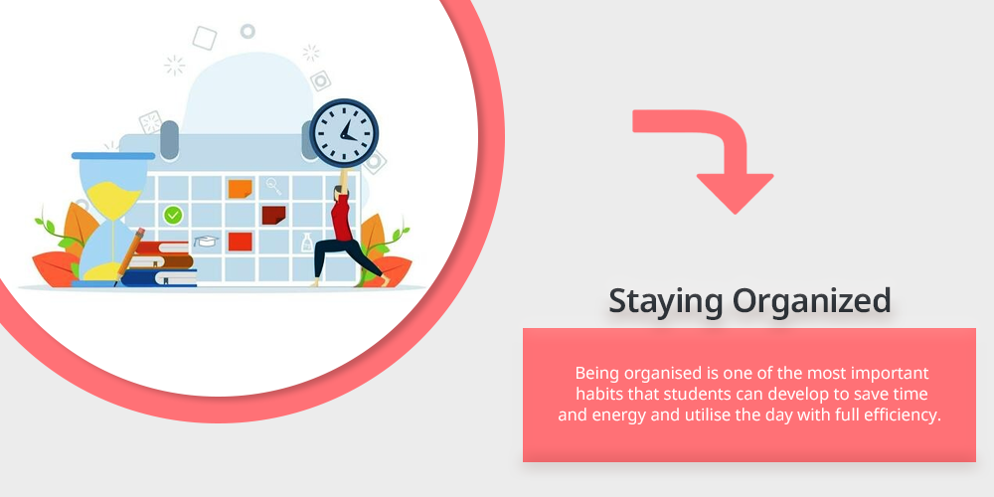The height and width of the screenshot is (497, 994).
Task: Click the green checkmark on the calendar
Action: [x=172, y=215]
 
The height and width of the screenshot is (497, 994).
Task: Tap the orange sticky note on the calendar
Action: [x=241, y=188]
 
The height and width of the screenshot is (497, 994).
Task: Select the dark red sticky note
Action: [x=274, y=215]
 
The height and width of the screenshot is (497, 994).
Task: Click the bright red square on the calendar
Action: [x=241, y=242]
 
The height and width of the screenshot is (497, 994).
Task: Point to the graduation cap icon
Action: [x=206, y=241]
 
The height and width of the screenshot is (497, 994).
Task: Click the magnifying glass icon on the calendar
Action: [x=274, y=186]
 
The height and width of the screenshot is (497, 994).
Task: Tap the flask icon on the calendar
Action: [x=307, y=242]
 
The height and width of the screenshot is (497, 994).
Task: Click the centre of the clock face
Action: [x=344, y=133]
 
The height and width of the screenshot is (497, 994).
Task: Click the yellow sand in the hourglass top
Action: [x=114, y=195]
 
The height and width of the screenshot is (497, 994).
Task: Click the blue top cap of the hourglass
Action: [x=113, y=155]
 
